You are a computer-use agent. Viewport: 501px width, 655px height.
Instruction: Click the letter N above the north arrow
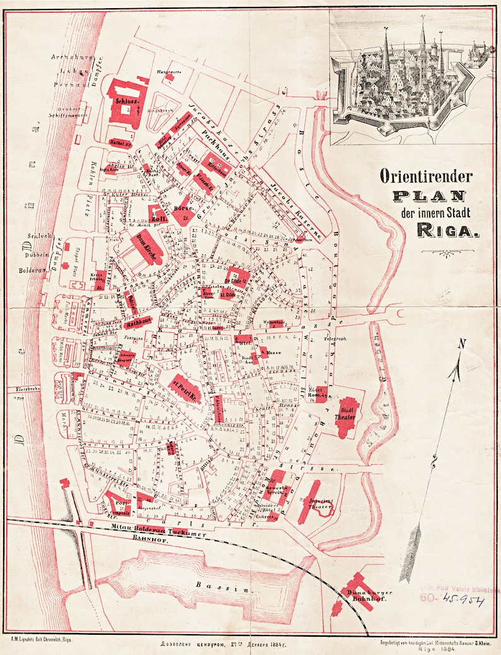click(462, 344)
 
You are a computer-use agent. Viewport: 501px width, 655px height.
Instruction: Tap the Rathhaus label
click(139, 323)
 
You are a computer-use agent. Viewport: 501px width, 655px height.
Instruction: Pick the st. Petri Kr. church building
click(186, 387)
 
